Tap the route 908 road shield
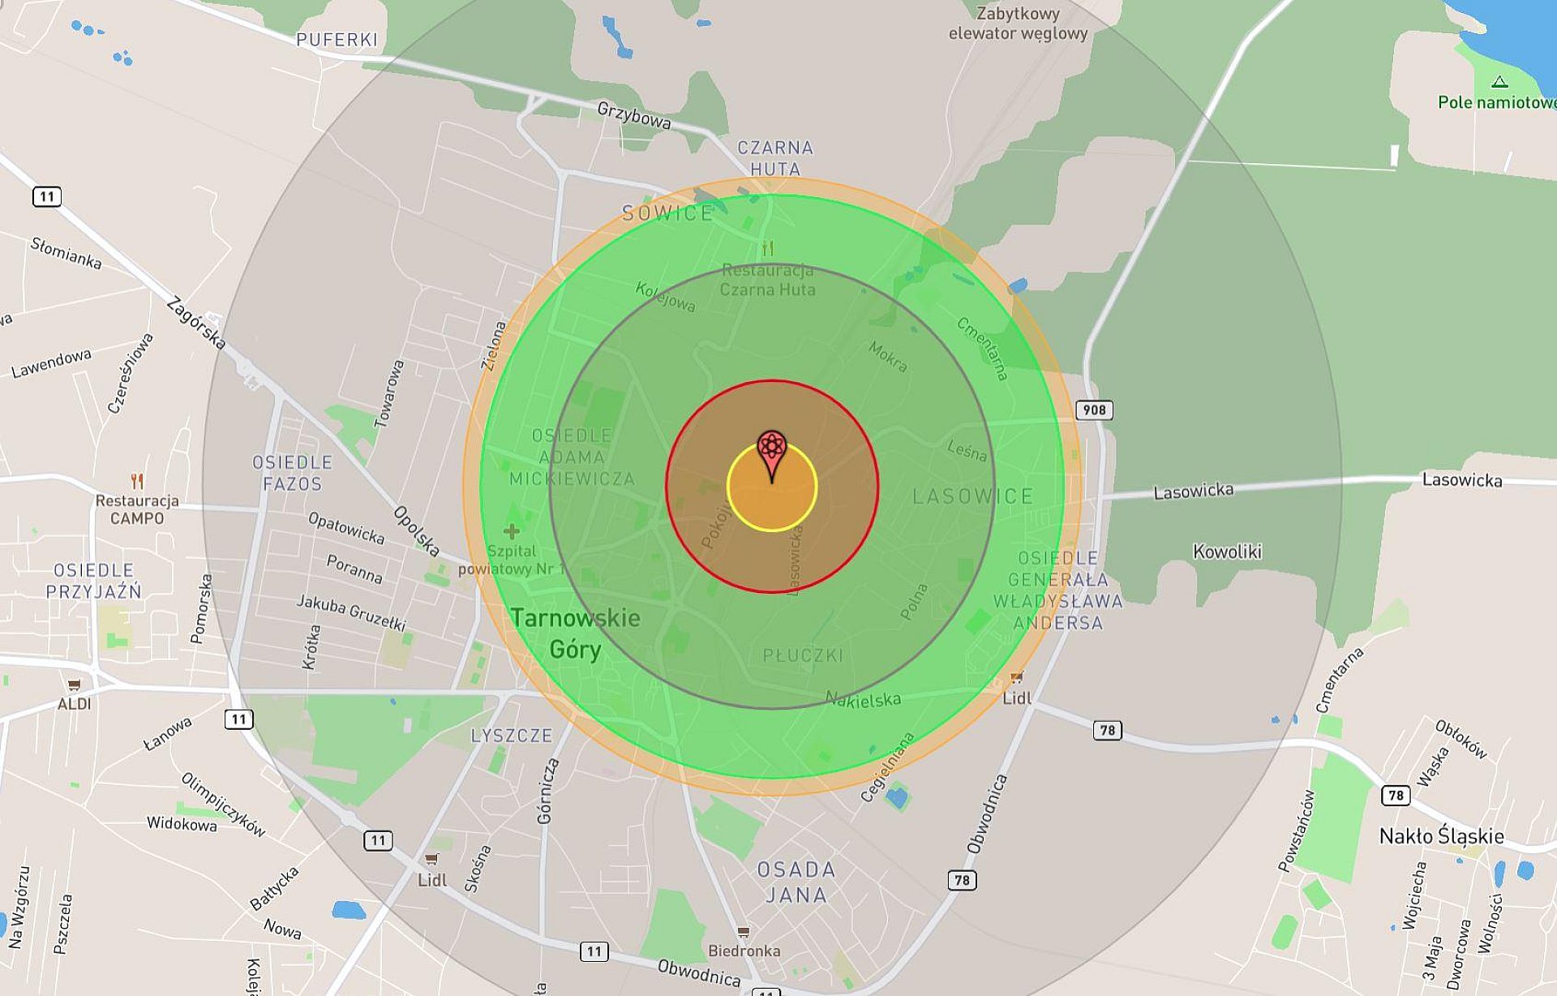1094,410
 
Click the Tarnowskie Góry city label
576,633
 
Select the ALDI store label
74,704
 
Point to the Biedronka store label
744,950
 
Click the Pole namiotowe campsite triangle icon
1499,82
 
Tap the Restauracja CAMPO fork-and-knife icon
137,482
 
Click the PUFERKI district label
337,40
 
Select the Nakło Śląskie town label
1441,836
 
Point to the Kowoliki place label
1227,552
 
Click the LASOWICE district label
972,496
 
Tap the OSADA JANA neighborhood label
796,882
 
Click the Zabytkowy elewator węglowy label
1018,24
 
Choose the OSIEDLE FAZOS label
292,473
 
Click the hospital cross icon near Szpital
511,532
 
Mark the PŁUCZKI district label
803,655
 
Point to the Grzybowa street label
633,115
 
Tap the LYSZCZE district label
512,736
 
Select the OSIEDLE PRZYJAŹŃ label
93,581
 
